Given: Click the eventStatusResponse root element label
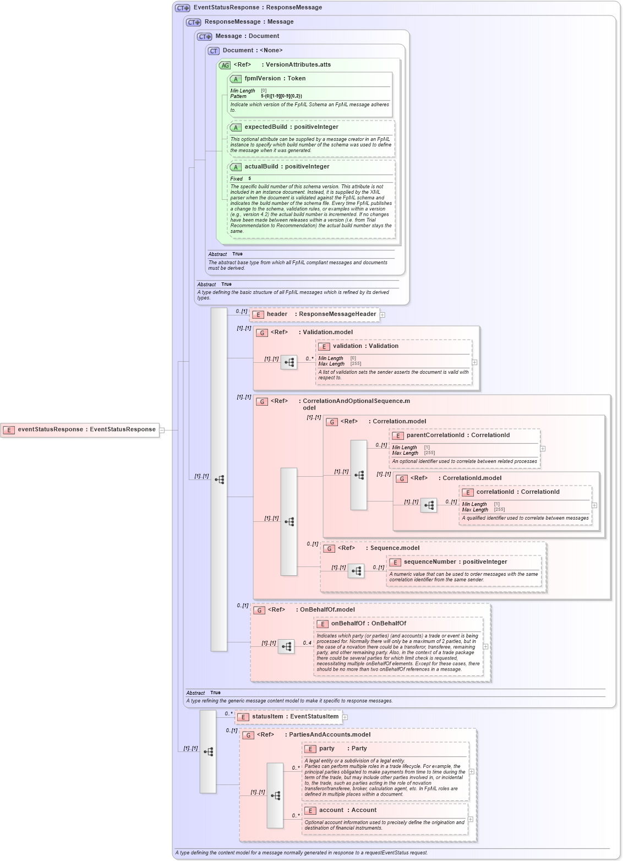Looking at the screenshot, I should tap(51, 429).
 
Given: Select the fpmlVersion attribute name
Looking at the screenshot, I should tap(263, 79).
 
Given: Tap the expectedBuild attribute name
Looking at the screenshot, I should tap(266, 127).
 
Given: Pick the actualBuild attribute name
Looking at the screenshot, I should tap(261, 167).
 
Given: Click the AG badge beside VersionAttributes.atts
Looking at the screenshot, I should tap(225, 65).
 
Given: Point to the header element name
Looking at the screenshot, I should tap(277, 314).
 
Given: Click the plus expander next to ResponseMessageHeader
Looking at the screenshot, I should tap(382, 315).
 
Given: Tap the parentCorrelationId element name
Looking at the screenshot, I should tap(436, 435).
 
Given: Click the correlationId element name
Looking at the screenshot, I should tap(495, 492).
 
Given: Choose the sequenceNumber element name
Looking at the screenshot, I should tap(430, 562).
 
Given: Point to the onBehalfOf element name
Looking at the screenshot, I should tap(347, 624).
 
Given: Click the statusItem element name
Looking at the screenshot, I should tap(267, 717).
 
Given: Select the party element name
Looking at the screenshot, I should tap(326, 749).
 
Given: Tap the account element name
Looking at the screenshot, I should tap(331, 810).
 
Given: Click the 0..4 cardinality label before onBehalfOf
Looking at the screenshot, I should tap(307, 642).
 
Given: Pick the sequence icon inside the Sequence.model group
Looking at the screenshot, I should tap(356, 571).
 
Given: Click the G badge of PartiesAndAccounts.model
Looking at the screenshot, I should tap(248, 735).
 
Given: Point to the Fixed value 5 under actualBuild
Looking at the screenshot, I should tap(249, 179).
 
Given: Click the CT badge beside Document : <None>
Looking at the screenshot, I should tap(214, 51).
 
